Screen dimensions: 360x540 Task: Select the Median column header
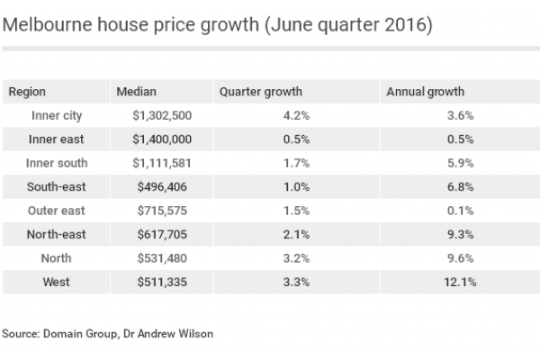(137, 92)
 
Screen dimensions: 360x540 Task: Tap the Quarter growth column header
(261, 92)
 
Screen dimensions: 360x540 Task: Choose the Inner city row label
(57, 115)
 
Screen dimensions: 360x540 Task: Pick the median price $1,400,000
(162, 139)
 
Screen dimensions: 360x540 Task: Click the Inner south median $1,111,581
(162, 163)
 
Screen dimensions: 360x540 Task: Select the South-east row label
(57, 186)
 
